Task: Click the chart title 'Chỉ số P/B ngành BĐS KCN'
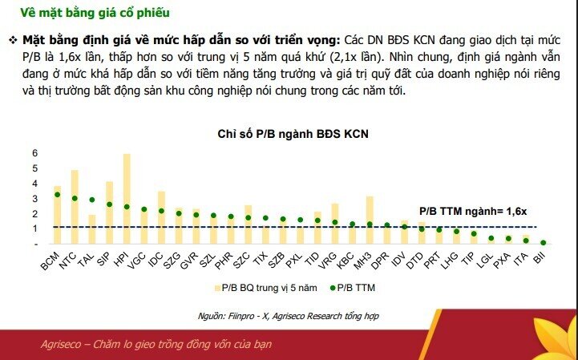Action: pyautogui.click(x=292, y=133)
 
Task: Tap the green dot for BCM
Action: pyautogui.click(x=57, y=195)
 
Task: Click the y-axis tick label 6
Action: pyautogui.click(x=35, y=153)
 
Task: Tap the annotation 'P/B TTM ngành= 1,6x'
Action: pyautogui.click(x=472, y=210)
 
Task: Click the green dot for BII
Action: pyautogui.click(x=543, y=242)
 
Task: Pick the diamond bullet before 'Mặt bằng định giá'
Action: pyautogui.click(x=14, y=40)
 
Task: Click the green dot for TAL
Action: pyautogui.click(x=92, y=200)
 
